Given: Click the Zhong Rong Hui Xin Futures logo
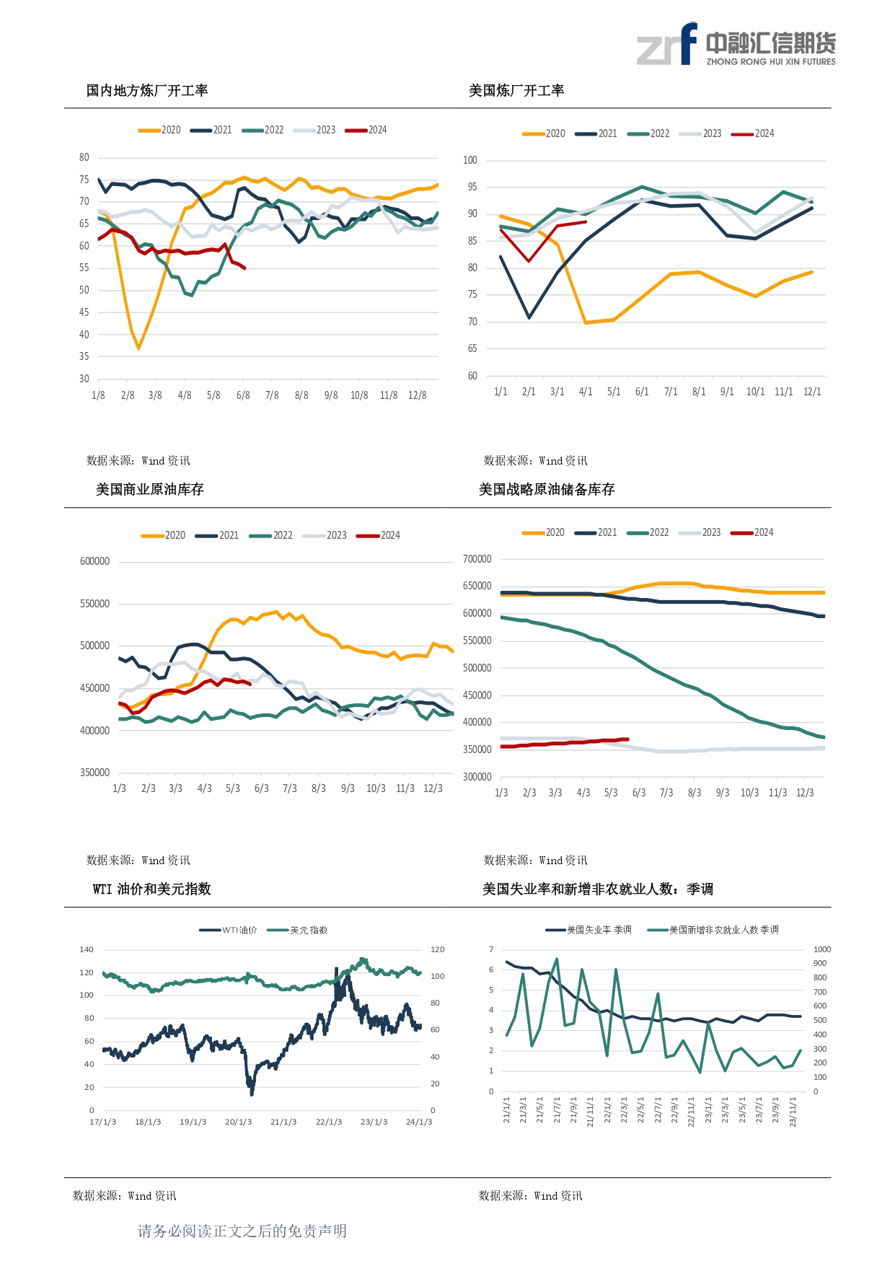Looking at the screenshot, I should pyautogui.click(x=736, y=45).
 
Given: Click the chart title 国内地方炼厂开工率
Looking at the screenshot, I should pyautogui.click(x=147, y=91).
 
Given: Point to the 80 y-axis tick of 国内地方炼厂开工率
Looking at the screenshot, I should pyautogui.click(x=84, y=157).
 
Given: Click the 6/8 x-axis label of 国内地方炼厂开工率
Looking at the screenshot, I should pyautogui.click(x=243, y=395).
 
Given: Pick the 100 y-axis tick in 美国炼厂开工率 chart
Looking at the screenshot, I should pyautogui.click(x=470, y=160).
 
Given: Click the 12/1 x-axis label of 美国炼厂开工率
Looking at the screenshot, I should pyautogui.click(x=812, y=392).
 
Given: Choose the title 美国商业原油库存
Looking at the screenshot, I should pyautogui.click(x=150, y=490).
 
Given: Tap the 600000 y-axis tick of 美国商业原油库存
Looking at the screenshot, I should pyautogui.click(x=94, y=561).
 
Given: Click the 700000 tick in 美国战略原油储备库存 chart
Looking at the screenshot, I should pyautogui.click(x=477, y=559).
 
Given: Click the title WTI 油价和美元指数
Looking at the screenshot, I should pyautogui.click(x=151, y=889).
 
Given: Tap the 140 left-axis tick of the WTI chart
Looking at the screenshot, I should pyautogui.click(x=87, y=950).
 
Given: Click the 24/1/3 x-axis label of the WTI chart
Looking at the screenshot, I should pyautogui.click(x=419, y=1122).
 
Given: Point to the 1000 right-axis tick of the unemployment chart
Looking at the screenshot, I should pyautogui.click(x=821, y=950).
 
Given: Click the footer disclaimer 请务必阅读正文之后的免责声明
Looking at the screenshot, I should pyautogui.click(x=242, y=1231).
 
